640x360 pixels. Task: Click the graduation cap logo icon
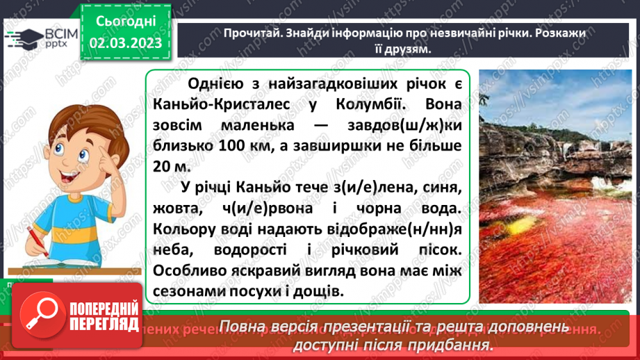tap(21, 35)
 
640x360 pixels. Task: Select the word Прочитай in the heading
tap(249, 33)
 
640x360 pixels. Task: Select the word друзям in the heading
tap(398, 49)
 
